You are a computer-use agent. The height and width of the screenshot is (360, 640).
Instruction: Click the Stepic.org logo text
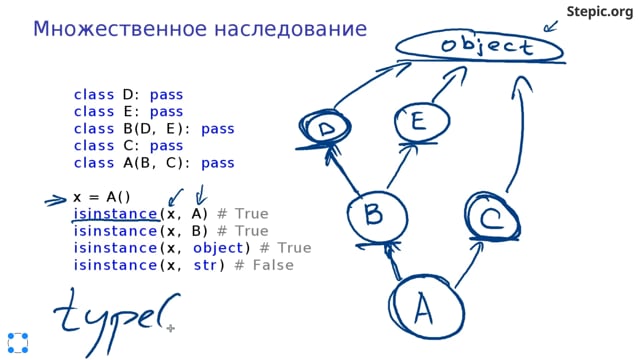coord(600,12)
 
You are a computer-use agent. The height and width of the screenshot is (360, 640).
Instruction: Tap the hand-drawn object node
coord(476,46)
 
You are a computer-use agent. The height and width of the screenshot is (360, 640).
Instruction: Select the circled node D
coord(326,130)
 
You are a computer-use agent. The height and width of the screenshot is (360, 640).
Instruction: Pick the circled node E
coord(417,123)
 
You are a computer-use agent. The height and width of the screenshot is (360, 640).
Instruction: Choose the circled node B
coord(373,214)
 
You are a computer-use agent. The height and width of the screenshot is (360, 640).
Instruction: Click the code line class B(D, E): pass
coord(154,129)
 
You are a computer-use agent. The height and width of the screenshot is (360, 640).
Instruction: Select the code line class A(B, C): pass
coord(154,163)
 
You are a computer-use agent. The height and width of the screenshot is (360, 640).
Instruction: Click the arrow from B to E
coord(394,170)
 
